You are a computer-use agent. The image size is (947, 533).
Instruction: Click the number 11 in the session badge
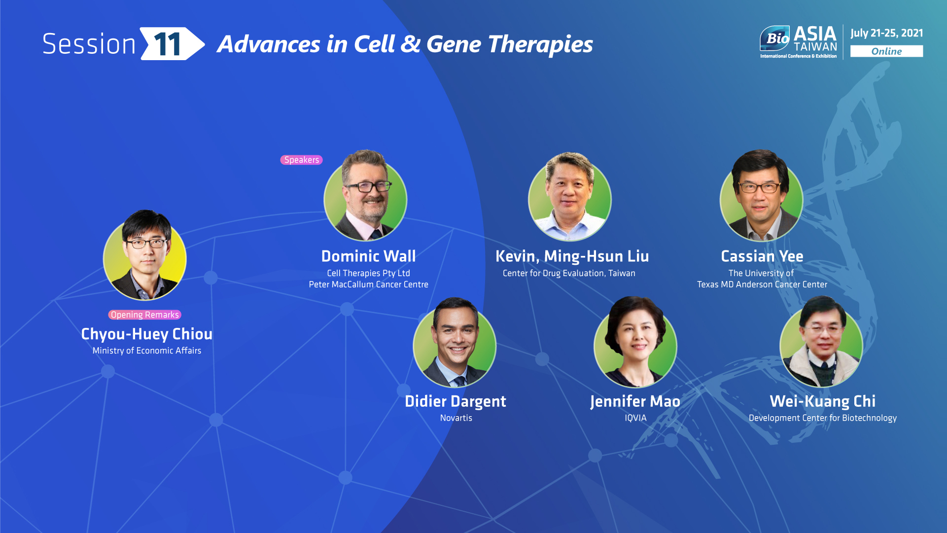point(168,44)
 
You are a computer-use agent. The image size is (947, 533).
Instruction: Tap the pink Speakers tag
point(302,160)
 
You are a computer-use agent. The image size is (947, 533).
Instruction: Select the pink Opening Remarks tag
point(145,315)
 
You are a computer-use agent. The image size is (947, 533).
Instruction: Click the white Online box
point(886,51)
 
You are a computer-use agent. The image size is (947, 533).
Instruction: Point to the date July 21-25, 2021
point(886,33)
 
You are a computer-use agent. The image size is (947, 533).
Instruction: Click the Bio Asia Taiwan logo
point(798,42)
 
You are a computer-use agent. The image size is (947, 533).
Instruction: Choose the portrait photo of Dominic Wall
point(365,195)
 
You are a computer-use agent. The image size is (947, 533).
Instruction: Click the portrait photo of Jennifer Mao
point(635,342)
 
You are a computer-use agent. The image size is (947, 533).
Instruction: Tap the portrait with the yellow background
point(145,255)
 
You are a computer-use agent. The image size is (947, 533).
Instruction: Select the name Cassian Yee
point(762,256)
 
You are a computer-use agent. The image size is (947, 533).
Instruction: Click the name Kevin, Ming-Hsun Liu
point(572,256)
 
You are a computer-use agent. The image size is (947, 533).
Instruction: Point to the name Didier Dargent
point(456,401)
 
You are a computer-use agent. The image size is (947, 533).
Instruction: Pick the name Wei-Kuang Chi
point(823,401)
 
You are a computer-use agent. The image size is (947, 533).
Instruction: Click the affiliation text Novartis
point(456,418)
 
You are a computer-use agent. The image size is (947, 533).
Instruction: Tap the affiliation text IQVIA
point(635,418)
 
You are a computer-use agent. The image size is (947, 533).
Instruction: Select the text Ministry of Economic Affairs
point(147,351)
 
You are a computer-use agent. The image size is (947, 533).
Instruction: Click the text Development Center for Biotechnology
point(823,418)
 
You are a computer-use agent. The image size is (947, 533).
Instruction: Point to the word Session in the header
point(89,44)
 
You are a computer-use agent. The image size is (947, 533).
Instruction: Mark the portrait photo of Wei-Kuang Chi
point(821,342)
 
